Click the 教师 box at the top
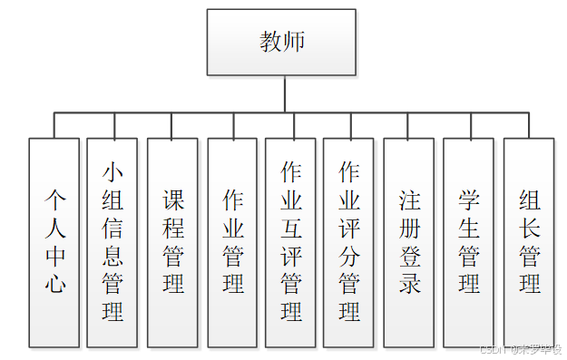point(281,43)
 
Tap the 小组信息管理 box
point(112,242)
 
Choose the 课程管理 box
point(172,242)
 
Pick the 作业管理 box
point(232,242)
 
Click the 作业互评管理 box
point(290,242)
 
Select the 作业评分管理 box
point(348,242)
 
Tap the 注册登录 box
point(408,242)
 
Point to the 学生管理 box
point(468,242)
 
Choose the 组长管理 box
point(529,242)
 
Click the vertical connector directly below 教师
point(285,94)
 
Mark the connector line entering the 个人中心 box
point(54,125)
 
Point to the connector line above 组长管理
point(529,125)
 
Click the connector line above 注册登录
point(408,125)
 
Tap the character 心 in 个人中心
point(55,284)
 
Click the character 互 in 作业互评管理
point(291,228)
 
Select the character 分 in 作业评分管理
point(349,256)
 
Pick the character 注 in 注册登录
point(409,199)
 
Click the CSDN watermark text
point(520,349)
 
